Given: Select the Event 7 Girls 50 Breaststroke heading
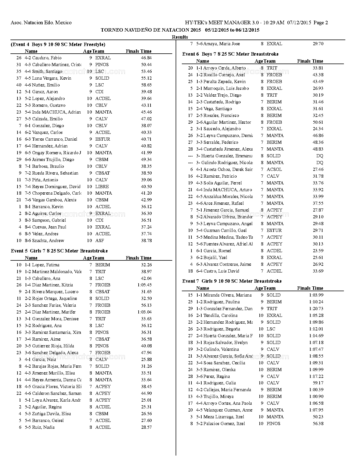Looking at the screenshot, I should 232,281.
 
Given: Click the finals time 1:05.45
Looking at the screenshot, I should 144,285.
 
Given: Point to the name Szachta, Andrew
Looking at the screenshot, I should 48,241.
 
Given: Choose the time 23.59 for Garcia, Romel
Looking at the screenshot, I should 318,251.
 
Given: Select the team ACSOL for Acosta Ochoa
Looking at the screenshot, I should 274,169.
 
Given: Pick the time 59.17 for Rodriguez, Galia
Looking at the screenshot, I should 318,383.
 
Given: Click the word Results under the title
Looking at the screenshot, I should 180,37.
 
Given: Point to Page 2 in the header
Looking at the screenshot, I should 320,23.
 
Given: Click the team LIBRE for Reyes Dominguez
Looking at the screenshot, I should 102,187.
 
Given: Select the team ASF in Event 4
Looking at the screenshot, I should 99,241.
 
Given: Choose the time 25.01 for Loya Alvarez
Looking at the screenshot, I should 146,400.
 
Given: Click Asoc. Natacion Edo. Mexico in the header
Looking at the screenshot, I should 41,23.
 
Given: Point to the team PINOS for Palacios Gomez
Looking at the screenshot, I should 273,424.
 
